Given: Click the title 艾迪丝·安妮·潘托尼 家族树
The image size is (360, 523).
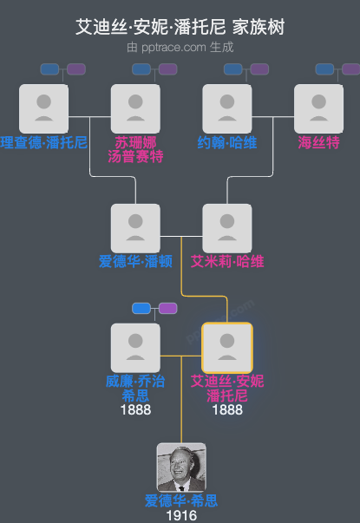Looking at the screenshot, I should coord(180,28).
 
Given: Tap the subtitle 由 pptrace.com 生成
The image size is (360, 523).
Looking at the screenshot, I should coord(180,47).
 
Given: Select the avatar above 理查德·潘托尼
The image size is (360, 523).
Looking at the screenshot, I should coord(43,108).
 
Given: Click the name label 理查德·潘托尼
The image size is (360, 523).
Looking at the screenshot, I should coord(43,142).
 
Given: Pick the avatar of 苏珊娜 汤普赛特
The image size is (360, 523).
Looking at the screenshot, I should coord(135,108).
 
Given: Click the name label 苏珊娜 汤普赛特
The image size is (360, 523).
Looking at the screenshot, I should coord(135,149).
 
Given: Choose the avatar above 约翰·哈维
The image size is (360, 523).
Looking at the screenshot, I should coord(227,108).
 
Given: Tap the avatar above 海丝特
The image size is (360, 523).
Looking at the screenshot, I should coord(319,108).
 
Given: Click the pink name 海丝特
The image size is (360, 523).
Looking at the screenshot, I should coord(319,142).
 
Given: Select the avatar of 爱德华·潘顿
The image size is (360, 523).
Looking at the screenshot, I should coord(135,228).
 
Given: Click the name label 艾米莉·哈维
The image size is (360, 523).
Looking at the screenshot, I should coord(227,261).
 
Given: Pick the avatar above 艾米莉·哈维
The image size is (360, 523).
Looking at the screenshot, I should coord(227,228).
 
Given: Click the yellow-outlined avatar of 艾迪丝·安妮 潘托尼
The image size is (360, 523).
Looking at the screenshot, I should coord(227,347).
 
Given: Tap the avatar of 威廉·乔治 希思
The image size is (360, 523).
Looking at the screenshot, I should coord(135,347).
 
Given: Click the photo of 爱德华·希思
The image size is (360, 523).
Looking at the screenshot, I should coord(181,467).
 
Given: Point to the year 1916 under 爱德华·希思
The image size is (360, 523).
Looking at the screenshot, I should coord(181,515).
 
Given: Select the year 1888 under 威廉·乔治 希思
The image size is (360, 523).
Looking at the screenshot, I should coord(135,409).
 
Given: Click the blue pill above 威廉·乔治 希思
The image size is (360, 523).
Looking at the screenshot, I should coord(141,308).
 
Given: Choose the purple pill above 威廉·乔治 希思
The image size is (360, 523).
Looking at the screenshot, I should coord(167,308).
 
